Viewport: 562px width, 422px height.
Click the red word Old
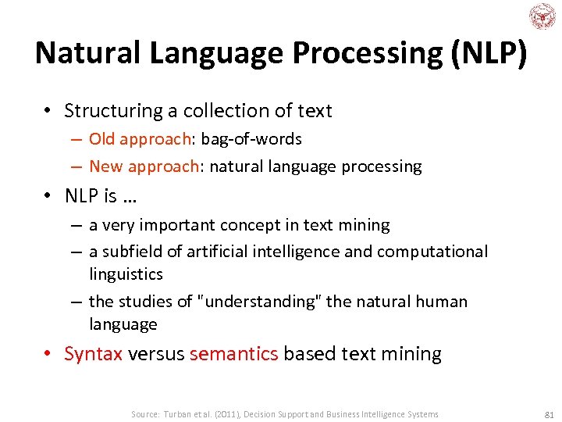101,139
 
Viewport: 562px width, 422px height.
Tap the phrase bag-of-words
251,139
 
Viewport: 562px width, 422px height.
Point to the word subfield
132,252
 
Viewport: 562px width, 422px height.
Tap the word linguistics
126,274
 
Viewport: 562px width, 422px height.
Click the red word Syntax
94,354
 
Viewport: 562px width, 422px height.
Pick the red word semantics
233,354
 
